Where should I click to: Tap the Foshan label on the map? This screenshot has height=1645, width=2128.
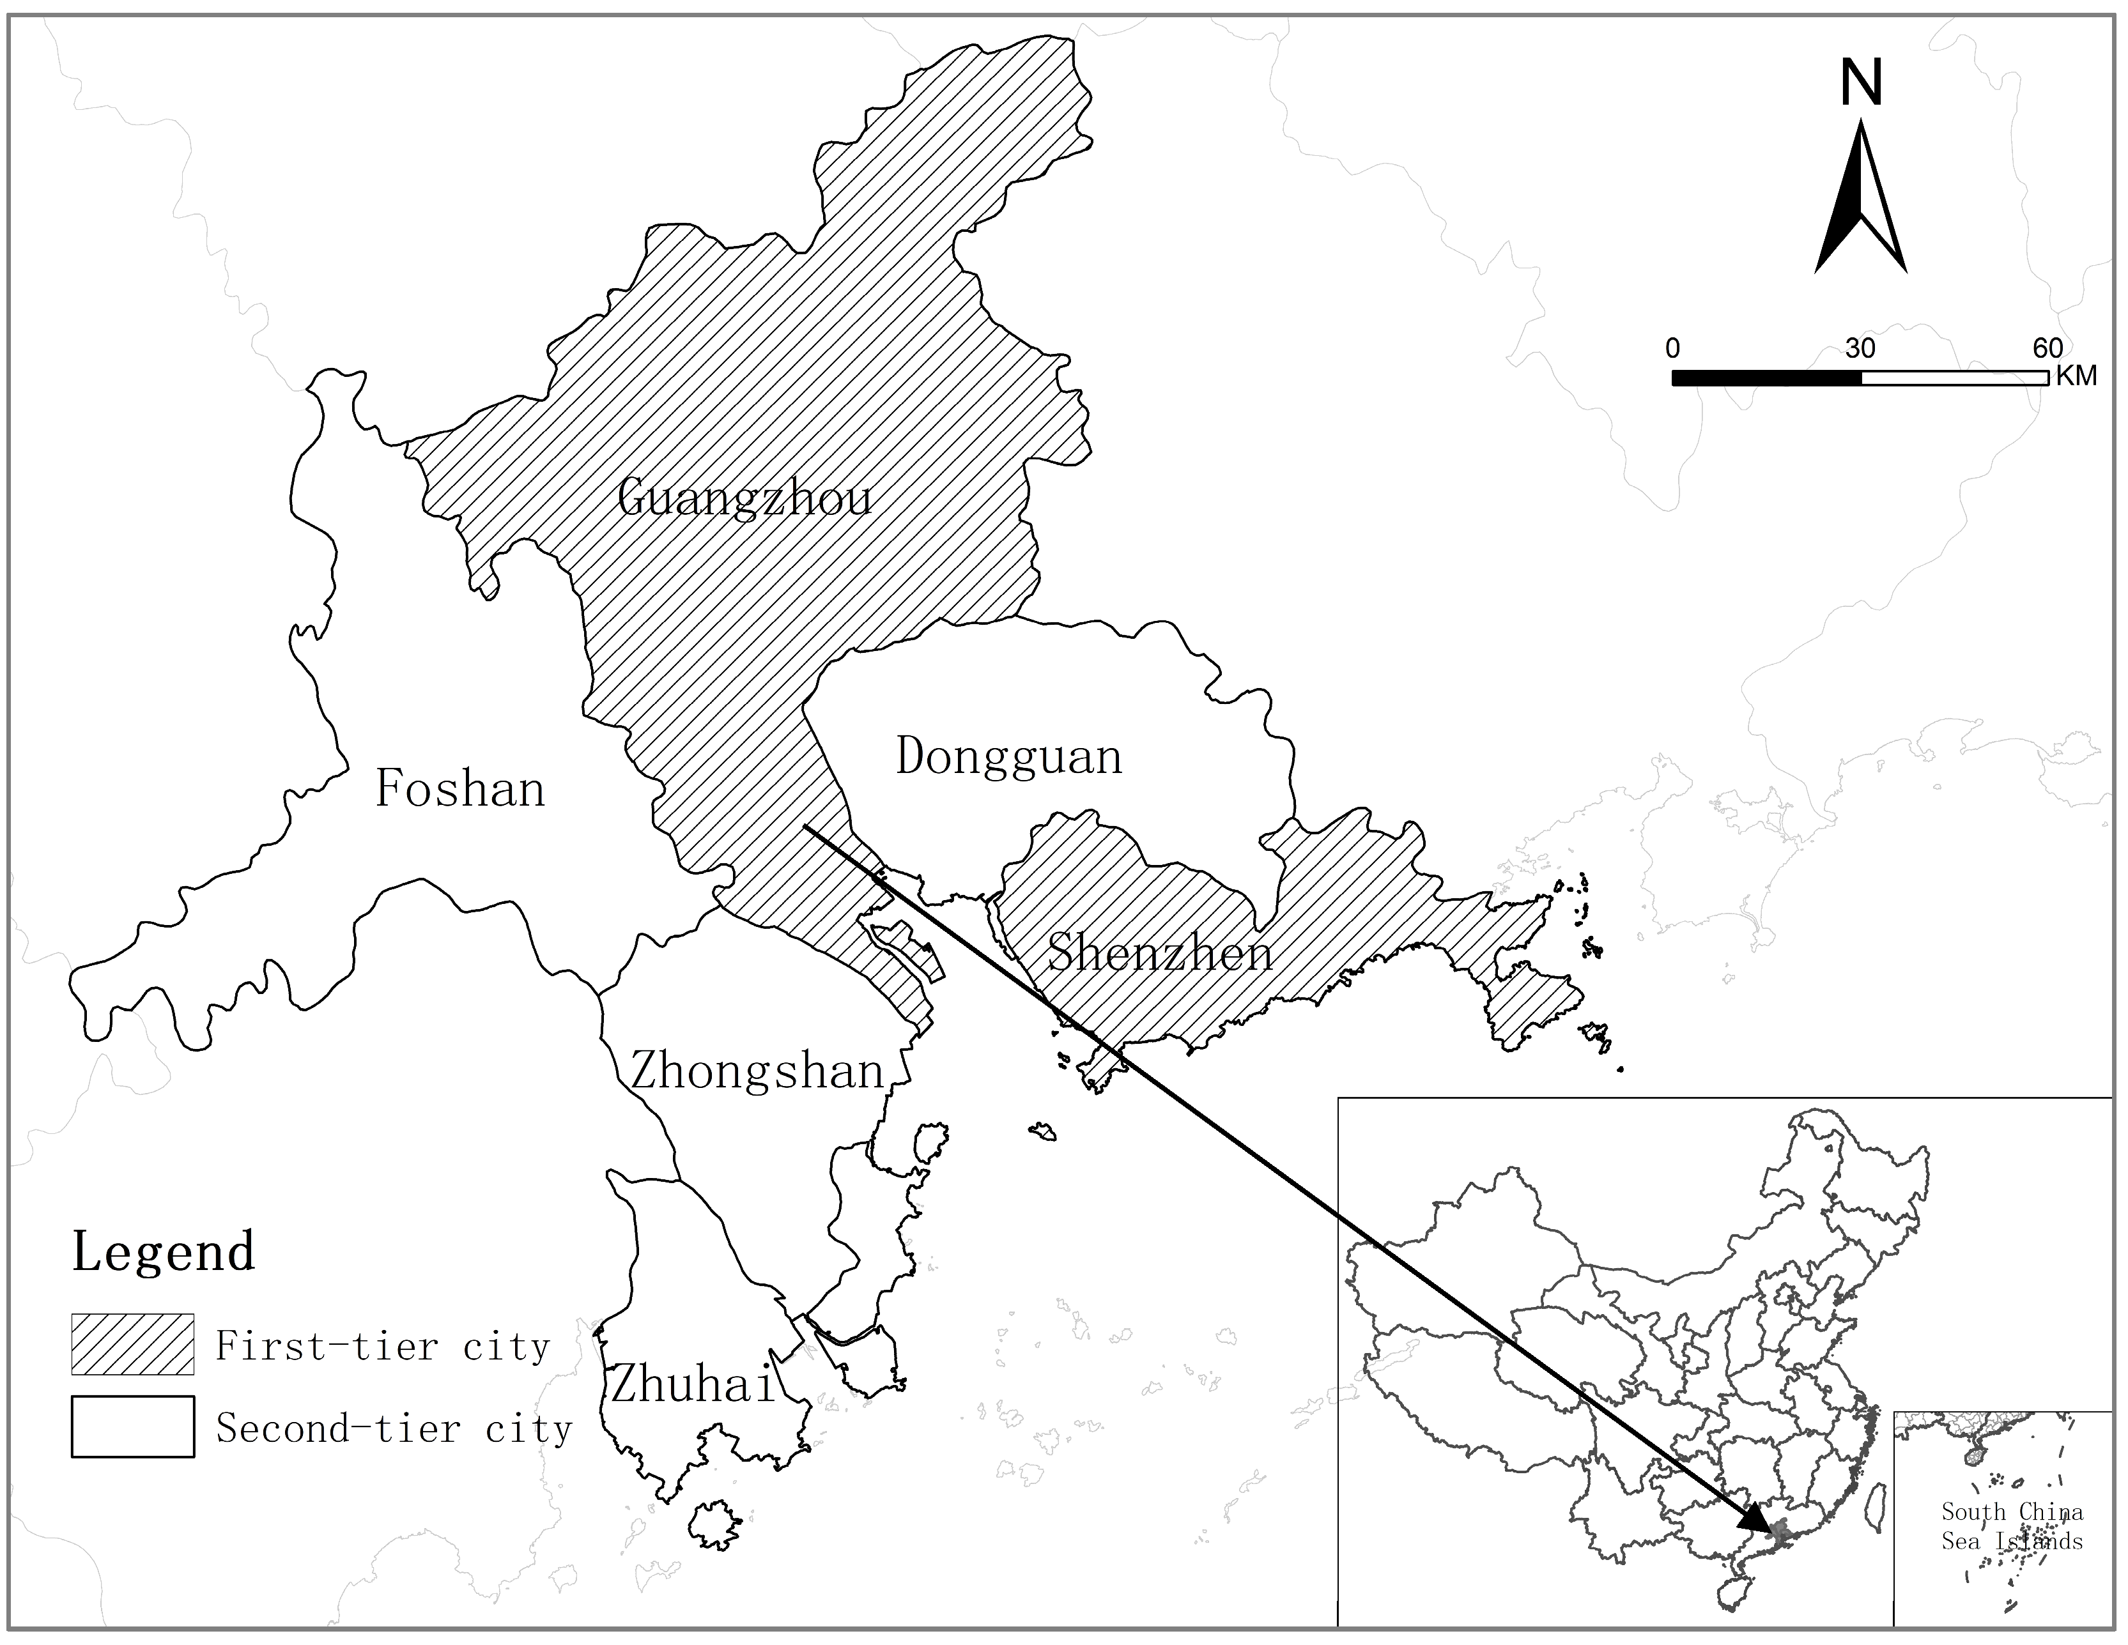pos(460,789)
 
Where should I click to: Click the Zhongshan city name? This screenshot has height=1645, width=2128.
pos(757,1071)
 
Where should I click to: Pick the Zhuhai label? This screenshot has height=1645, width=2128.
pos(693,1384)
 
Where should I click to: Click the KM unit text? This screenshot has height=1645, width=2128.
pos(2076,376)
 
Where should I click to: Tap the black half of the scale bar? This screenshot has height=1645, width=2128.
pos(1766,378)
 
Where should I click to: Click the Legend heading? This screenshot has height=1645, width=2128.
pos(164,1251)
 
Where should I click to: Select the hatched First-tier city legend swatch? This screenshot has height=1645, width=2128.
pos(132,1344)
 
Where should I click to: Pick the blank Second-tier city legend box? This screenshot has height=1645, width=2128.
pos(132,1427)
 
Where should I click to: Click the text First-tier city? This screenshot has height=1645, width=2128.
pos(383,1346)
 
